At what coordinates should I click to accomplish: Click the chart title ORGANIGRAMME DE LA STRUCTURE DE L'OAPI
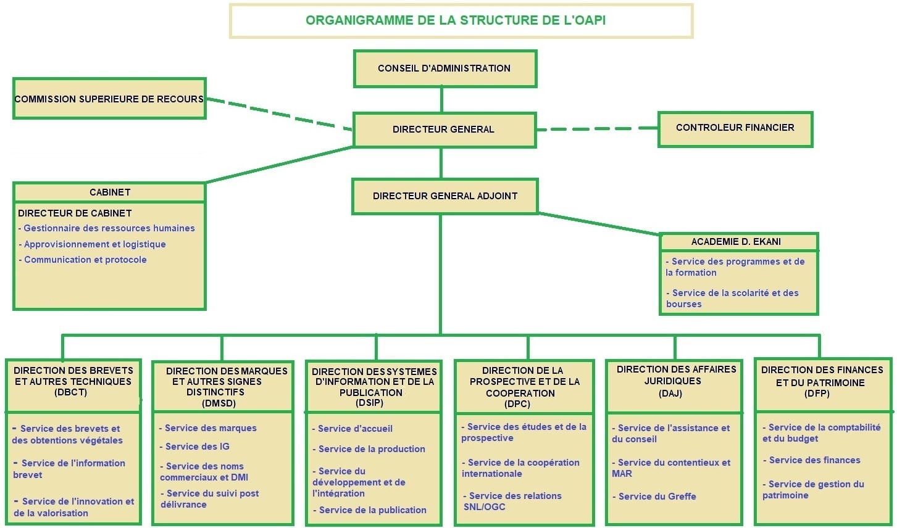(x=456, y=20)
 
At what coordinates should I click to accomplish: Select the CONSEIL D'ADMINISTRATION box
(x=444, y=68)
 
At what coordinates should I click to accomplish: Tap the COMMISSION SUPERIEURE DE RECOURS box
(x=109, y=99)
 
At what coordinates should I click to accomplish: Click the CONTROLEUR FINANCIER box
(x=735, y=128)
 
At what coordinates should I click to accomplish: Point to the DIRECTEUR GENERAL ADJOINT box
(x=444, y=196)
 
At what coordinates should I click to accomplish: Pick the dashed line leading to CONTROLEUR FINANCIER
(x=596, y=129)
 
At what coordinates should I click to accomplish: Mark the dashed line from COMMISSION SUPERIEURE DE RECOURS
(x=278, y=114)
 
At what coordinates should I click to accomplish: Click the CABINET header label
(x=110, y=192)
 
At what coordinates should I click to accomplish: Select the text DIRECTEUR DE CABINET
(x=75, y=213)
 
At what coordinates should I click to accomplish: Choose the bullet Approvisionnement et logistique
(x=94, y=244)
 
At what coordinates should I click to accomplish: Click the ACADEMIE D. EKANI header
(x=736, y=242)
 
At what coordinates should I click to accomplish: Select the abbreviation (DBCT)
(x=70, y=392)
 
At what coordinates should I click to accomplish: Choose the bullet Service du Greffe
(x=657, y=497)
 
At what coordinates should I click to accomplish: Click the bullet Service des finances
(x=814, y=460)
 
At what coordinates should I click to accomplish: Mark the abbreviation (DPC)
(x=517, y=404)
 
